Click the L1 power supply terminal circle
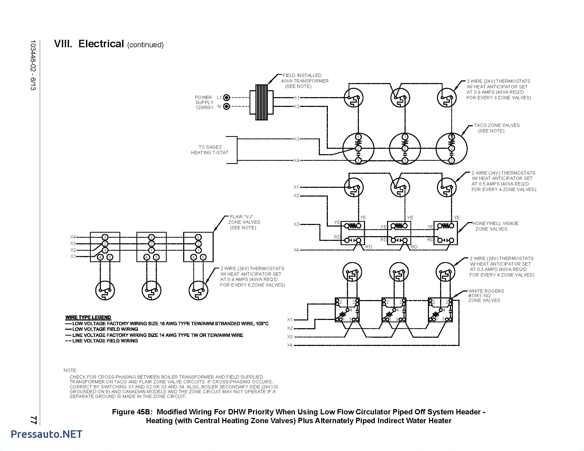(x=226, y=98)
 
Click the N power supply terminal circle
(x=226, y=107)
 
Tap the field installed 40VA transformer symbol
(x=261, y=102)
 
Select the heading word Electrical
(x=101, y=44)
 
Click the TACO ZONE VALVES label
(x=497, y=125)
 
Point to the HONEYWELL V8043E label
(x=495, y=223)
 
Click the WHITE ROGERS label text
(x=486, y=291)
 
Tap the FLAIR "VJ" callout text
(x=241, y=217)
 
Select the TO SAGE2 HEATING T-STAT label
(x=210, y=150)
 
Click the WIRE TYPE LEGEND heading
(x=88, y=317)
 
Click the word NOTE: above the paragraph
(x=71, y=370)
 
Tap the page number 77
(x=33, y=420)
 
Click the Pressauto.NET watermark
(x=46, y=434)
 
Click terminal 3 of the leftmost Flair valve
(x=105, y=237)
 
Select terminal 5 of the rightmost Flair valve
(x=203, y=257)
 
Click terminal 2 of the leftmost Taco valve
(x=358, y=149)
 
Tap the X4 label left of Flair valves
(x=73, y=237)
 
